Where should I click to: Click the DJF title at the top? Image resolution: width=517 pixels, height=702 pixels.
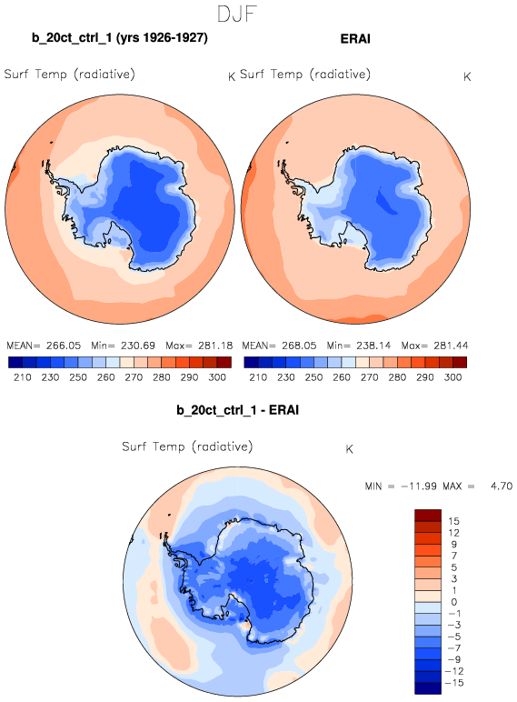tap(236, 14)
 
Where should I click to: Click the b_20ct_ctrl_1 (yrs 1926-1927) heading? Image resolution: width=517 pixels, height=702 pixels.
tap(119, 37)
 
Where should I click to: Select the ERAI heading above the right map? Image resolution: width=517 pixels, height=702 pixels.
tap(355, 38)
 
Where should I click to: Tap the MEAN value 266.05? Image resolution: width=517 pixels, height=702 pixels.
tap(64, 346)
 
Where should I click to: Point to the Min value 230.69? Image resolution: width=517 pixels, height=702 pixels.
tap(138, 346)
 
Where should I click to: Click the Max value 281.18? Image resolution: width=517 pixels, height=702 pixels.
tap(215, 346)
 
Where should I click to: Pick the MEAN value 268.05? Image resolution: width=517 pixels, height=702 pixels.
tap(299, 346)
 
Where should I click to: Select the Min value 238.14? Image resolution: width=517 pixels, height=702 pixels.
tap(373, 346)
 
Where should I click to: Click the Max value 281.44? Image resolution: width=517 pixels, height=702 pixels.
tap(452, 346)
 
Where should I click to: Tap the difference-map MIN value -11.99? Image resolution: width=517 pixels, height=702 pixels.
tap(418, 486)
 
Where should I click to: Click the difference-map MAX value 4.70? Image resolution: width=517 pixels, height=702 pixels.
tap(502, 486)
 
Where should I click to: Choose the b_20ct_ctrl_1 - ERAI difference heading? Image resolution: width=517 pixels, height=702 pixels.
tap(237, 410)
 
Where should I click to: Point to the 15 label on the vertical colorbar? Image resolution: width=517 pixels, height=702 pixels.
tap(453, 521)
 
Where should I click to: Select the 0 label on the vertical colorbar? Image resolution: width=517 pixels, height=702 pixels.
tap(454, 602)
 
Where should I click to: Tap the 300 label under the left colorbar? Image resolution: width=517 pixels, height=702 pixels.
tap(217, 377)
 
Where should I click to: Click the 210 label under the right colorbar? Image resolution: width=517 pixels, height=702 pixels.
tap(258, 377)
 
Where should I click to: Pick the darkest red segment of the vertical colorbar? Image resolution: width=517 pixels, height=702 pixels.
tap(428, 516)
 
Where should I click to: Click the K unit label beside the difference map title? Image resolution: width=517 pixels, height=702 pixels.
tap(349, 449)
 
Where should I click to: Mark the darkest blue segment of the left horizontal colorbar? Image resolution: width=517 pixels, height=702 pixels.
tap(15, 362)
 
